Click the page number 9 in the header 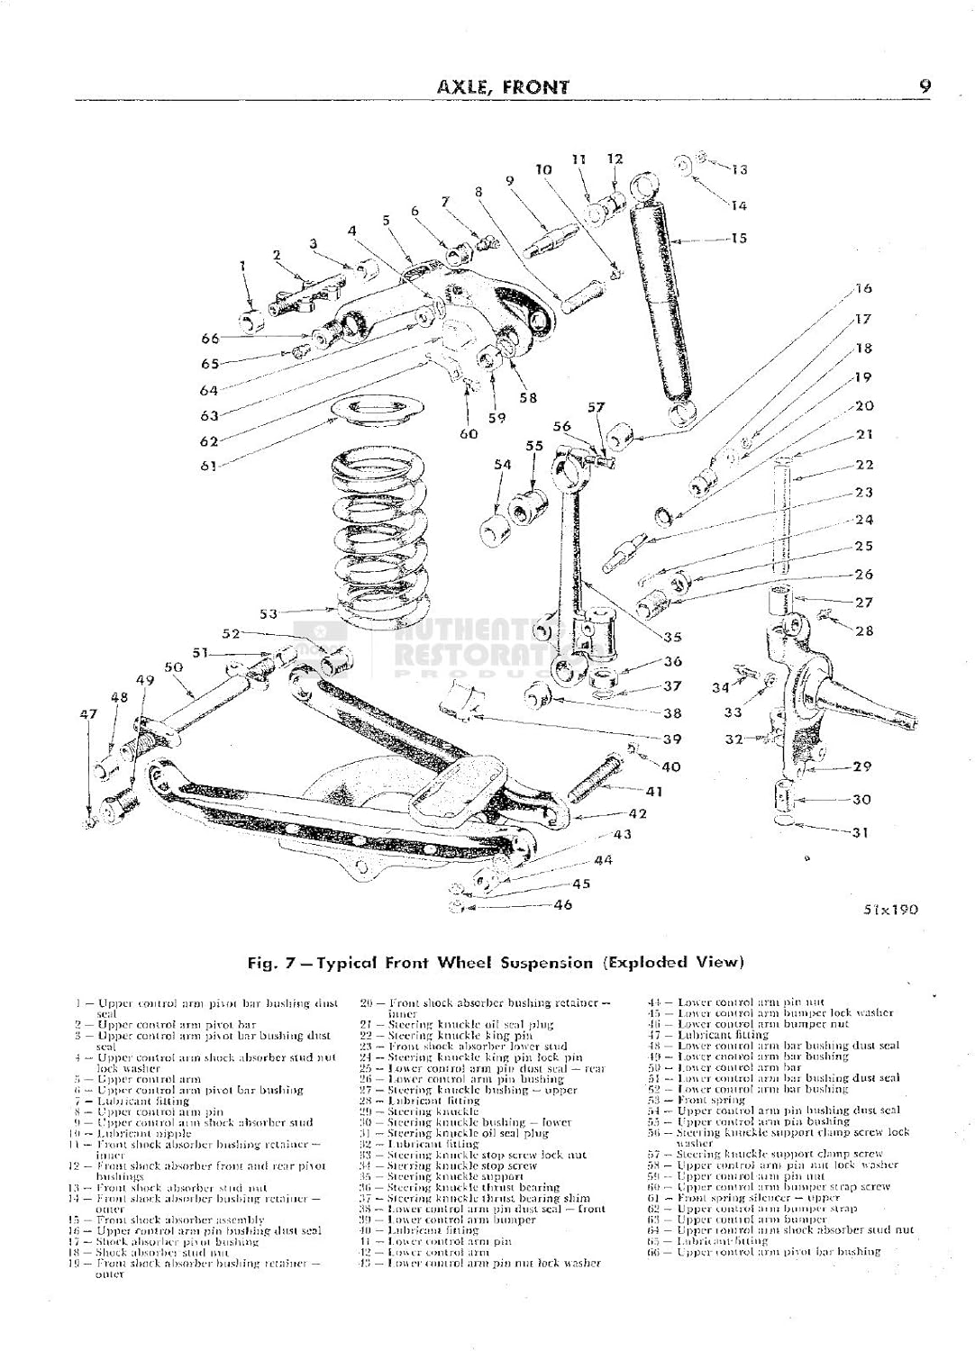pos(925,86)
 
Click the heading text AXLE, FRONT pos(502,87)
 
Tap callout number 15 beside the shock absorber pos(738,240)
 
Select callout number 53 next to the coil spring pos(269,614)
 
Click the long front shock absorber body pos(661,297)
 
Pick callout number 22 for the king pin pos(864,465)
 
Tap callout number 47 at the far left pos(87,714)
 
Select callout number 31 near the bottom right pos(861,832)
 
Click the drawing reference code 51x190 pos(889,909)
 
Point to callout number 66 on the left pos(210,339)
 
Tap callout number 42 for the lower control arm pos(638,813)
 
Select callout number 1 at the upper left pos(242,266)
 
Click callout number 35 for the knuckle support pos(672,637)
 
